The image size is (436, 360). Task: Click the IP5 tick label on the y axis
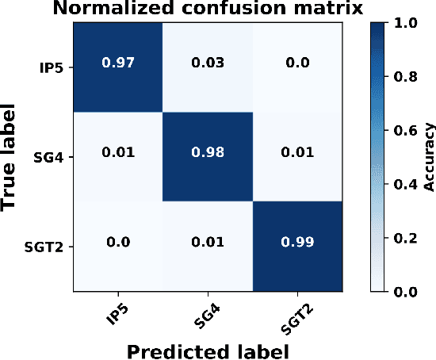[52, 68]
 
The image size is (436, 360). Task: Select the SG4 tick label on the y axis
[49, 158]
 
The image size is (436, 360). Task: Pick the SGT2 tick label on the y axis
[45, 247]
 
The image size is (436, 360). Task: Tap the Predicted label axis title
[208, 349]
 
